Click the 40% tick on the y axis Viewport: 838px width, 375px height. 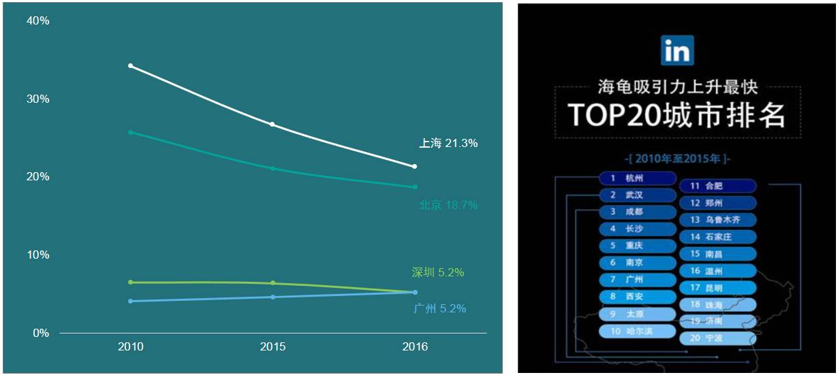37,21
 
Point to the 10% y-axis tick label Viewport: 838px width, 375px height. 37,255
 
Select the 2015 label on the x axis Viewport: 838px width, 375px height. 273,347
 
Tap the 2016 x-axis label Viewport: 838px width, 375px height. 415,347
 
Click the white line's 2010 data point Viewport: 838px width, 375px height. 130,65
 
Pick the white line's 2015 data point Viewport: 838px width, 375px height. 273,125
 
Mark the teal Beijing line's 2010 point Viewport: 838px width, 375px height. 130,132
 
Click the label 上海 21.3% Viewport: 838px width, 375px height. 448,144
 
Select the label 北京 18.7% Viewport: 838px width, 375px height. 448,205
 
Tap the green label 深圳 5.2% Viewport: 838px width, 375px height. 437,273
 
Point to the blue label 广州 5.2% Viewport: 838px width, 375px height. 439,308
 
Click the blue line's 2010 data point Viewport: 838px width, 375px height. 130,301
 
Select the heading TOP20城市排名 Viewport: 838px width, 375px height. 677,116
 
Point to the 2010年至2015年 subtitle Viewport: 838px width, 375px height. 677,160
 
